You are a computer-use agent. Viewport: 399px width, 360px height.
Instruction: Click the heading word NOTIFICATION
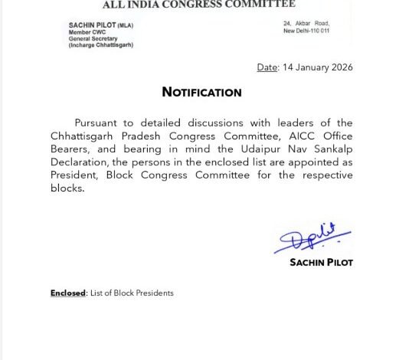[x=201, y=92]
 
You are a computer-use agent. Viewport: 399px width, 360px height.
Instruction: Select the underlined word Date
[x=267, y=67]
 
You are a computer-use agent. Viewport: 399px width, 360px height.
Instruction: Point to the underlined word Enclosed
[x=68, y=293]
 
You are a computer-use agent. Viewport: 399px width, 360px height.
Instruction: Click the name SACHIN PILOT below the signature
[x=321, y=262]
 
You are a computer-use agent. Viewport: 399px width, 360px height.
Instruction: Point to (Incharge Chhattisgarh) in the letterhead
[x=101, y=46]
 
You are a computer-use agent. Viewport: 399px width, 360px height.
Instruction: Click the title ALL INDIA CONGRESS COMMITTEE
[x=199, y=5]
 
